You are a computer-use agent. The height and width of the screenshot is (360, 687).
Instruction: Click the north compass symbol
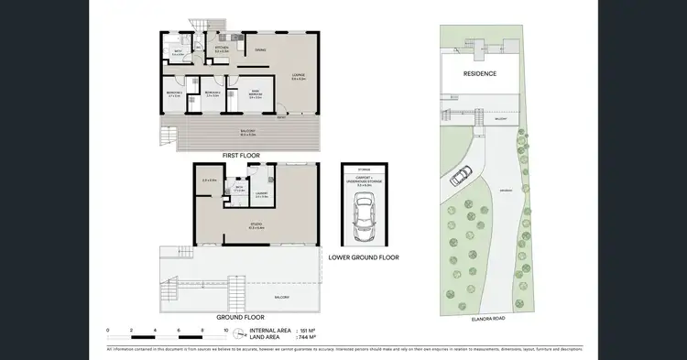239,334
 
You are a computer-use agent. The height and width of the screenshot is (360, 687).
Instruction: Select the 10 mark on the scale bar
225,329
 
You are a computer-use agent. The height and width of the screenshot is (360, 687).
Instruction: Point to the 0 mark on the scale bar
108,329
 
